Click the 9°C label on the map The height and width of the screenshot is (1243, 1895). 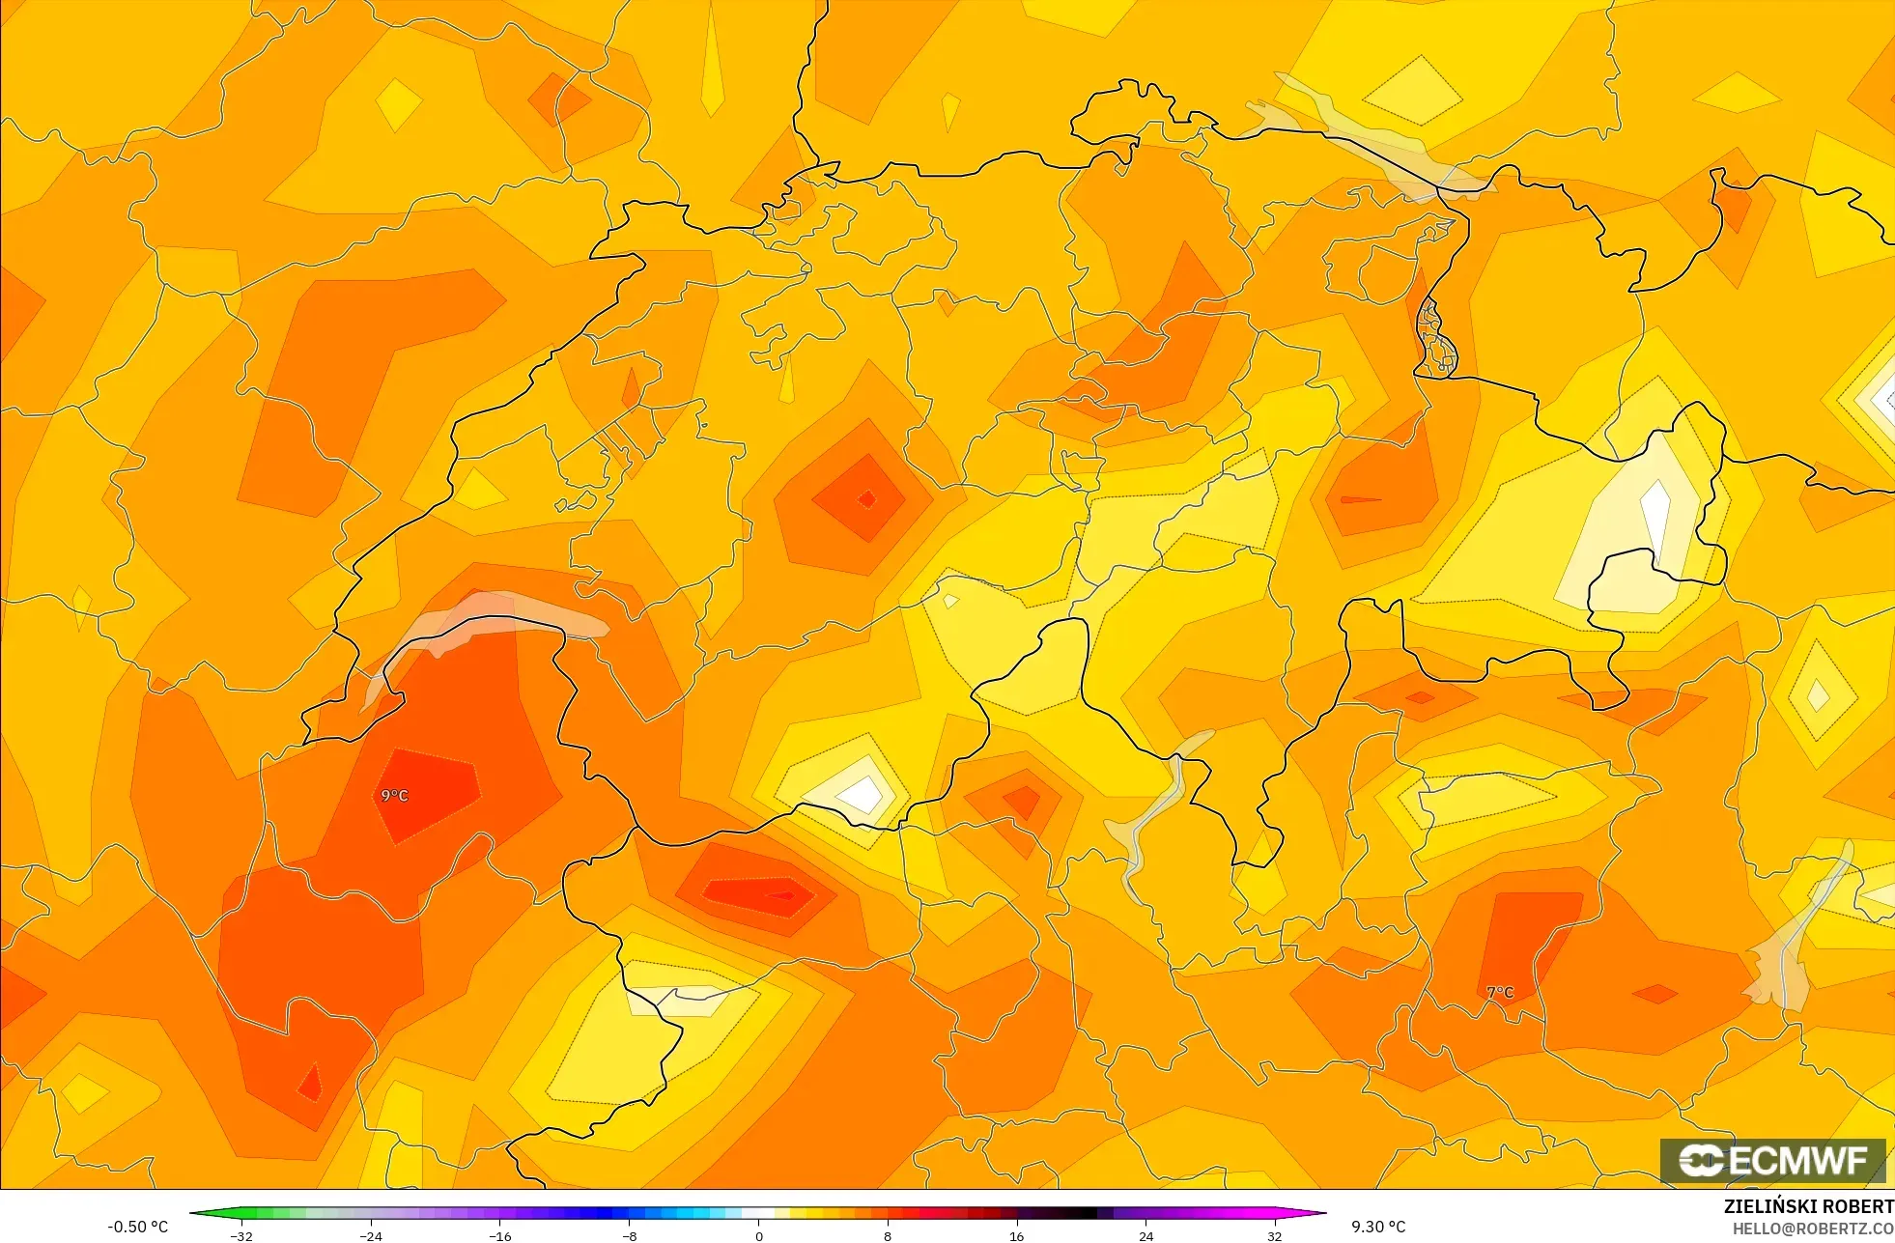click(x=394, y=795)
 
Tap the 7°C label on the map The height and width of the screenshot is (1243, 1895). click(x=1500, y=992)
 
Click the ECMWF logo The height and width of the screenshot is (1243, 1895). click(x=1772, y=1160)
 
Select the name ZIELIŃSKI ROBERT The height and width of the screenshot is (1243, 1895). click(x=1808, y=1206)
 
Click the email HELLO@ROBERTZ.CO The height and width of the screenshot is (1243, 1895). click(x=1812, y=1229)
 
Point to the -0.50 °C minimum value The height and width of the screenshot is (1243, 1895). click(x=137, y=1227)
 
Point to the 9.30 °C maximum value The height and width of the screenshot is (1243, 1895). click(x=1378, y=1227)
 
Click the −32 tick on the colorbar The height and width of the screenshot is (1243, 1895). click(x=241, y=1235)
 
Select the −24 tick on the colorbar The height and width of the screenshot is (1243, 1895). click(x=371, y=1235)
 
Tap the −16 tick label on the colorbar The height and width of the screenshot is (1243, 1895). click(x=499, y=1235)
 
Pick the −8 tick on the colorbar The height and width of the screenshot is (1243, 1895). click(x=629, y=1235)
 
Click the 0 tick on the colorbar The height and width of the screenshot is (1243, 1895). click(x=758, y=1235)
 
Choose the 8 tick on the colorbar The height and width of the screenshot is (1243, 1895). click(x=888, y=1235)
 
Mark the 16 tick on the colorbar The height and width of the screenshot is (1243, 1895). click(x=1016, y=1235)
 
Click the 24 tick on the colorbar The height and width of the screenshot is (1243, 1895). click(x=1145, y=1235)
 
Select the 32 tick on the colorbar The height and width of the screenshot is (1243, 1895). click(x=1275, y=1235)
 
